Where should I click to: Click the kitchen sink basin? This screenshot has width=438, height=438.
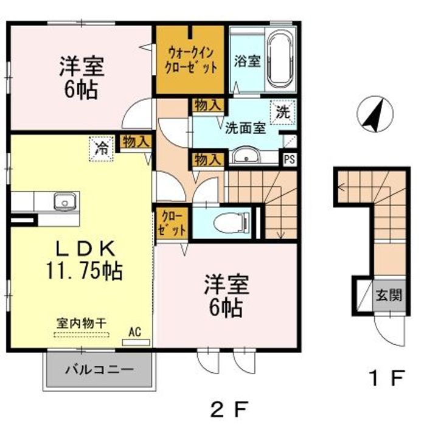tap(63, 201)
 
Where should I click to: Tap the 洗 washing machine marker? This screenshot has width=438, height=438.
tap(282, 111)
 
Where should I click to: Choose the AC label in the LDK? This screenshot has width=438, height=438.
tap(135, 333)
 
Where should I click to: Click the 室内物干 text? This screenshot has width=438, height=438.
tap(82, 323)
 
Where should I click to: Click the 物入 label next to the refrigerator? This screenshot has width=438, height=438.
tap(135, 142)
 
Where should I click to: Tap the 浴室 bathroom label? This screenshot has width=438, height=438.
tap(247, 61)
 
